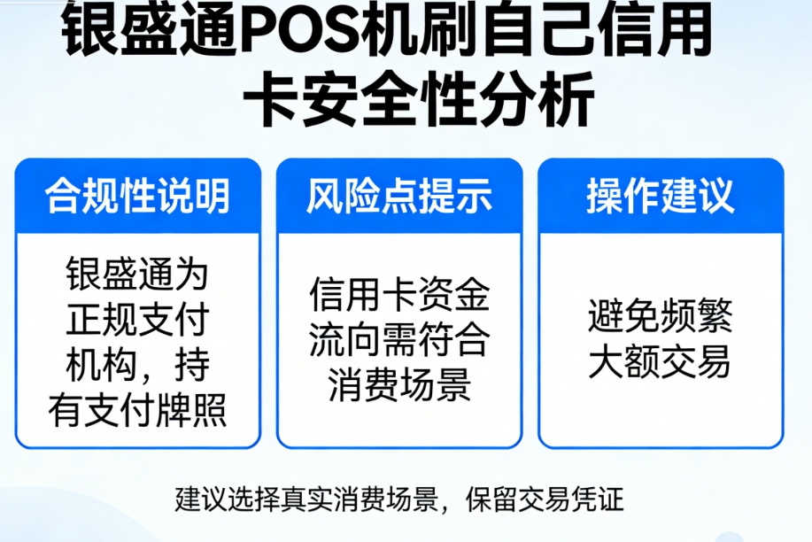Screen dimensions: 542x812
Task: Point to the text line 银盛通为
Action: tap(138, 275)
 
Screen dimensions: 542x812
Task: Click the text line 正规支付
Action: tap(138, 320)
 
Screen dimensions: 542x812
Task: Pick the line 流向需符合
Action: tap(399, 340)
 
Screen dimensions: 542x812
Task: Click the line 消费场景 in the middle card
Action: tap(399, 386)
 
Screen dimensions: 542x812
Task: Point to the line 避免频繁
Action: tap(661, 316)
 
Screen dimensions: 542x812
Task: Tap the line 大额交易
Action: tap(661, 362)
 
